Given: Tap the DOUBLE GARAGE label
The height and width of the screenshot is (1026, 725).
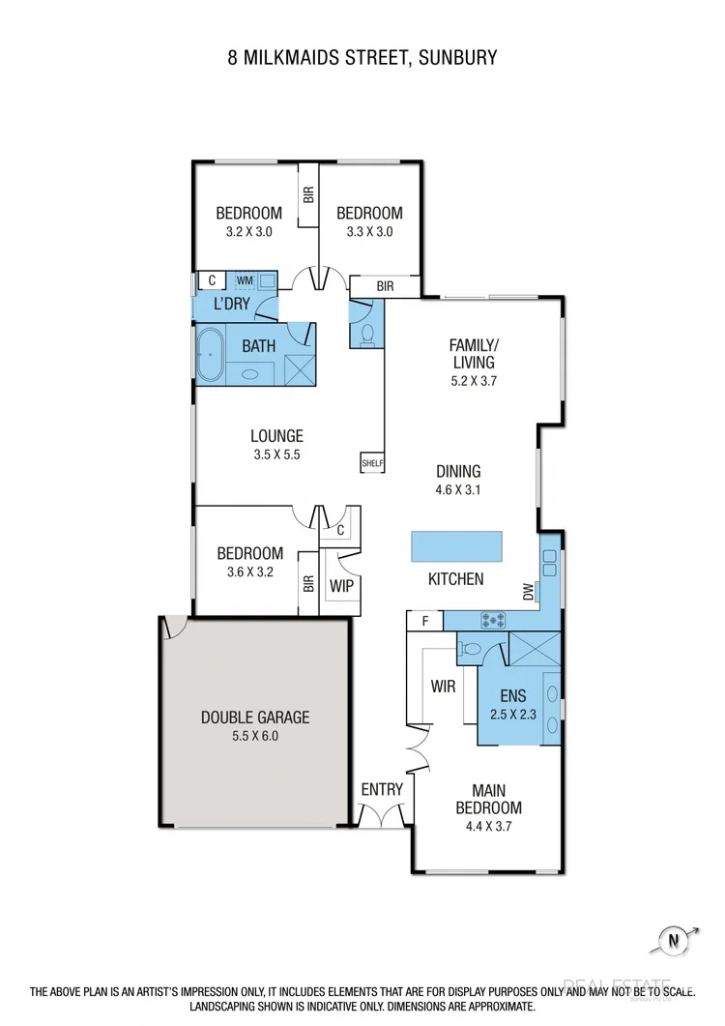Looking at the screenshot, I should [255, 717].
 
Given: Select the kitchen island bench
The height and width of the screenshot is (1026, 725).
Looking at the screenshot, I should [456, 546].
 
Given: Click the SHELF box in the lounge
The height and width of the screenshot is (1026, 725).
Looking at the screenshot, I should [372, 463].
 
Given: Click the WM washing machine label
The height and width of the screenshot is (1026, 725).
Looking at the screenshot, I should [245, 280].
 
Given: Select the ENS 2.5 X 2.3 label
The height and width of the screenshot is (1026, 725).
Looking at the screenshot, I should [512, 704].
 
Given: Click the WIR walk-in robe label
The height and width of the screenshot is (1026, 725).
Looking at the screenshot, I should [443, 688].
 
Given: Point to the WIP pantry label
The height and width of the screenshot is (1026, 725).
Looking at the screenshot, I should [340, 586].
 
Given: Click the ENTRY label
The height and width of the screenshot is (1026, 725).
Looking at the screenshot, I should [382, 790].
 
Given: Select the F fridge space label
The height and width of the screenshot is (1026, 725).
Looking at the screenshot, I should [423, 621].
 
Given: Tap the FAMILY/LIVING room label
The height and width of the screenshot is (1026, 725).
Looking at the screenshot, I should [474, 353].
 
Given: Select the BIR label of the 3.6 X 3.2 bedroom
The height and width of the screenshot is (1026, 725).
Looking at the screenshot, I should [308, 583].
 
